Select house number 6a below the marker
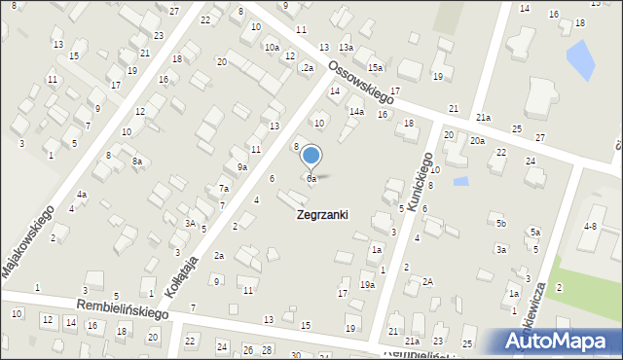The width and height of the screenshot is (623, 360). (x=311, y=179)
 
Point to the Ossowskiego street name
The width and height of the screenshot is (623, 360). (x=361, y=83)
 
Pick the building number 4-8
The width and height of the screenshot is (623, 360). (x=589, y=226)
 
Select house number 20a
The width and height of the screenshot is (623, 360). (x=477, y=141)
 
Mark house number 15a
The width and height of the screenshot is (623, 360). (x=375, y=67)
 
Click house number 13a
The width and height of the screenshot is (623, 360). (x=346, y=48)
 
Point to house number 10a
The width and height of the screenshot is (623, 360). (x=272, y=48)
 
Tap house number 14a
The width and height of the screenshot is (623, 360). (x=357, y=112)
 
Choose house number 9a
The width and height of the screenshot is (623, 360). (x=242, y=167)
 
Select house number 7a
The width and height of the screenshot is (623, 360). (x=223, y=189)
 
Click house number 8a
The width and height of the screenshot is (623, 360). (x=137, y=162)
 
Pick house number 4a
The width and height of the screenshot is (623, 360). (x=82, y=195)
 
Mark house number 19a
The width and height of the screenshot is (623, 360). (x=367, y=284)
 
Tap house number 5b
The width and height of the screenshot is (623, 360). (x=501, y=224)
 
